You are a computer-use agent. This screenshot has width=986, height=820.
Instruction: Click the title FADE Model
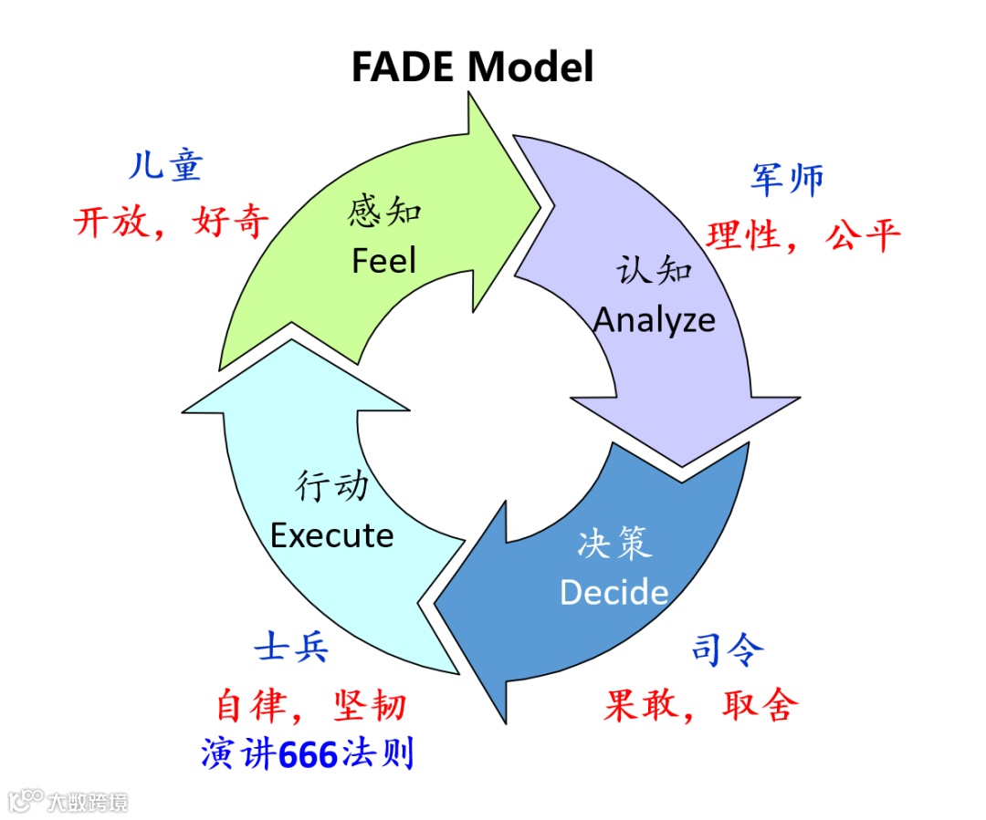click(472, 67)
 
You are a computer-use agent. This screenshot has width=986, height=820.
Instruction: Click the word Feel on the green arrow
click(383, 262)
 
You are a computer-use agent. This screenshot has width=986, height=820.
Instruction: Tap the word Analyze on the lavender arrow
click(655, 319)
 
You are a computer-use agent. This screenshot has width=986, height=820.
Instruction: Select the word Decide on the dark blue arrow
click(614, 592)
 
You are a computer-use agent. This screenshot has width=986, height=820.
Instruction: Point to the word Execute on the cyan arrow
click(332, 535)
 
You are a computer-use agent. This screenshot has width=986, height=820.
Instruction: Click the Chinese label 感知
click(384, 212)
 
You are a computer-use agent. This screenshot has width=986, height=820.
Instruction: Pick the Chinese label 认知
click(655, 270)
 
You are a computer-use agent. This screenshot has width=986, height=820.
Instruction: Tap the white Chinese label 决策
click(614, 544)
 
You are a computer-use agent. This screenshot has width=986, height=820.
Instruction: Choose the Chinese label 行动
click(332, 486)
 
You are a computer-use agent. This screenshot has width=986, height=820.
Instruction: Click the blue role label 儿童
click(165, 167)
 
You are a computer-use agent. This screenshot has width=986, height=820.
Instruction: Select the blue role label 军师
click(787, 180)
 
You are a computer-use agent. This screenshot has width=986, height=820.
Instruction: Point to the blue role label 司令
click(728, 649)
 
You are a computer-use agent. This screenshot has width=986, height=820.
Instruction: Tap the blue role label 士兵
click(292, 649)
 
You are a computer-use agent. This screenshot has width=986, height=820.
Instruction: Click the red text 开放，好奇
click(172, 222)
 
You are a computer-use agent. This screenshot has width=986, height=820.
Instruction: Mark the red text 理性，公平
click(803, 235)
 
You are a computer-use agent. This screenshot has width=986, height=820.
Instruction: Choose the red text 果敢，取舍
click(701, 704)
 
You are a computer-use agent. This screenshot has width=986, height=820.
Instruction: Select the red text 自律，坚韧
click(311, 705)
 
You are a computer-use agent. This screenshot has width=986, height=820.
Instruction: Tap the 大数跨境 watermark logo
click(68, 802)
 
